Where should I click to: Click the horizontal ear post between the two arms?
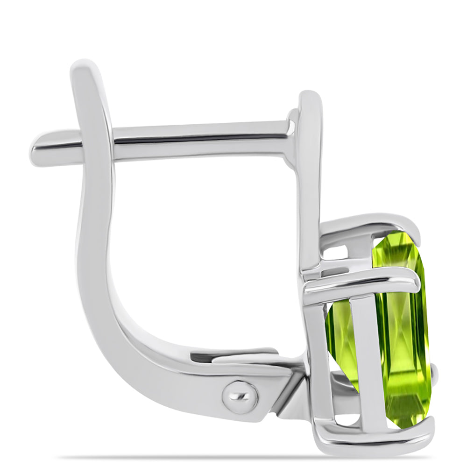coord(201,140)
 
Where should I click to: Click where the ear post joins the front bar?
coord(293,135)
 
